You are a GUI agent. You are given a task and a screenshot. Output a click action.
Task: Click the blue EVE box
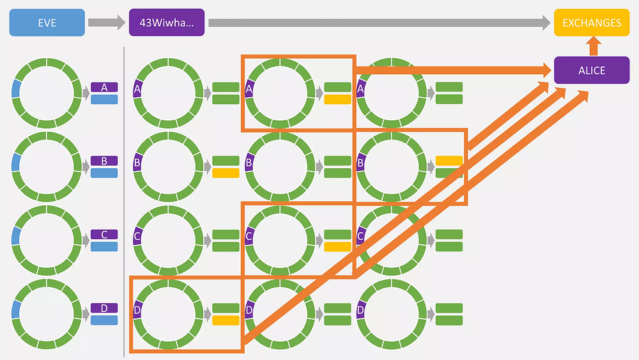coord(47,22)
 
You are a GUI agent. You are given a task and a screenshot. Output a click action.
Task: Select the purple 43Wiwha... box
coord(167,22)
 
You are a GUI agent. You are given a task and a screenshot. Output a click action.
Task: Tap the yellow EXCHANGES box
coord(592,22)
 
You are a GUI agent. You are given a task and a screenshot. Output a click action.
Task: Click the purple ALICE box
coord(592,70)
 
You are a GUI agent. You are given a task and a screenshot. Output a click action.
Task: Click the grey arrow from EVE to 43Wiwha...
coord(107,22)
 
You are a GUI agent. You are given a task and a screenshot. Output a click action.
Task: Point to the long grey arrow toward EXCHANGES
coord(380,22)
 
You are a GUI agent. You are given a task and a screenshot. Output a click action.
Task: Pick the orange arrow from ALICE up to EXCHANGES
coord(594,46)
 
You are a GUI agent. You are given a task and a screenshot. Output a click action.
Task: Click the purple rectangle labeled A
coord(104,87)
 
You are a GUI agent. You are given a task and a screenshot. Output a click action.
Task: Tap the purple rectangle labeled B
coord(104,160)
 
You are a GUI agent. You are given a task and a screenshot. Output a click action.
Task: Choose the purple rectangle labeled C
coord(104,235)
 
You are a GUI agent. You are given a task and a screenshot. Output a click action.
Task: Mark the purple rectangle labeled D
coord(104,308)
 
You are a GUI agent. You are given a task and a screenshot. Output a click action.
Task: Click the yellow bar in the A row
coord(337,99)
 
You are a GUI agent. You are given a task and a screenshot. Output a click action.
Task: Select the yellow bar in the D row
coord(226,320)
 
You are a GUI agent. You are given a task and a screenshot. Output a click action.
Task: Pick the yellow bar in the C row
coord(337,247)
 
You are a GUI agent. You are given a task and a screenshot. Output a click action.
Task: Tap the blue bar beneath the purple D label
coord(104,320)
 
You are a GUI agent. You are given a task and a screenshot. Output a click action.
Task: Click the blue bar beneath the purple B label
coord(104,173)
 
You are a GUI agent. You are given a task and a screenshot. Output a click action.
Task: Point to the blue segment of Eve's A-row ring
coord(16,88)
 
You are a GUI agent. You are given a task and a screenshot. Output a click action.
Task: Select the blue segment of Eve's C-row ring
coord(16,236)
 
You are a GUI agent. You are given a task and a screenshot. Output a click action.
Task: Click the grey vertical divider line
coord(124,202)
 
